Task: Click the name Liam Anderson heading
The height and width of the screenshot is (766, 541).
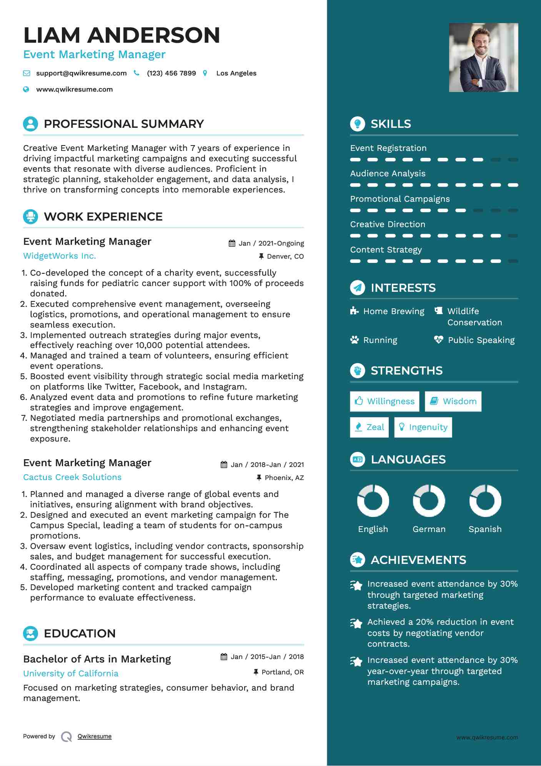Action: (x=122, y=35)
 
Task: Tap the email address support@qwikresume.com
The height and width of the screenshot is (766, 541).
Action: (x=81, y=73)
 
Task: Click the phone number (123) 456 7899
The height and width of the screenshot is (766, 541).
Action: (x=171, y=73)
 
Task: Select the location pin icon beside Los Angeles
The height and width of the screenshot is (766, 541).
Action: (x=205, y=73)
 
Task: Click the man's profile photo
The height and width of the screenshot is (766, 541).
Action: (x=483, y=57)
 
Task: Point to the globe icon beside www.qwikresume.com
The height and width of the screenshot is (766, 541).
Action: (x=26, y=89)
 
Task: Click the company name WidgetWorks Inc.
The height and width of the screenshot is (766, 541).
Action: (x=60, y=256)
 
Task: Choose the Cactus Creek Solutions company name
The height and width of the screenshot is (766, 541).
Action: (x=72, y=477)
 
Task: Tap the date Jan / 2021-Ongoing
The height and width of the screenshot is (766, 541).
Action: (x=271, y=243)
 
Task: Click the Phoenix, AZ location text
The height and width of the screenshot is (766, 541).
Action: (x=284, y=478)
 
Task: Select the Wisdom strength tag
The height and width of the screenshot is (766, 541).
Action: (x=453, y=401)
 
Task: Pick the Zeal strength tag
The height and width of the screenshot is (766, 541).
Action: (x=370, y=427)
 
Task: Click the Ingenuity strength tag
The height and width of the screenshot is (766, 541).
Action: (x=423, y=427)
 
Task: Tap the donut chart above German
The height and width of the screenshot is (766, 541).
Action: (x=429, y=501)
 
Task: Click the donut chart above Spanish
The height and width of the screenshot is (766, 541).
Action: (x=485, y=501)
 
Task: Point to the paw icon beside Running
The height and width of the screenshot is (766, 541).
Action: (x=355, y=340)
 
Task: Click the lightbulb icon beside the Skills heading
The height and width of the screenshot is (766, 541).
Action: (x=358, y=124)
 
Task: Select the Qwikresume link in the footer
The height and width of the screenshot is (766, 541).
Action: (x=95, y=736)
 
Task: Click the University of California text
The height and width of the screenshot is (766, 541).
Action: (x=71, y=674)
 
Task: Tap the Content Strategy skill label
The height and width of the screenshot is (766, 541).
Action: (x=386, y=250)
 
